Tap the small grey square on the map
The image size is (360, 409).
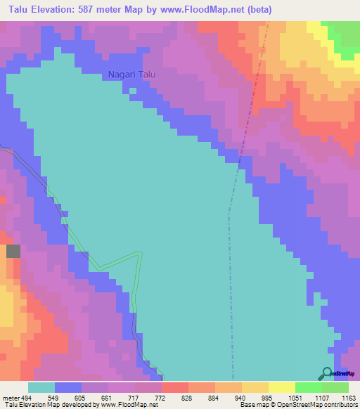coord(13,251)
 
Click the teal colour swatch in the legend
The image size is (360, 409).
coord(41,387)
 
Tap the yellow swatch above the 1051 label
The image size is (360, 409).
coord(281,387)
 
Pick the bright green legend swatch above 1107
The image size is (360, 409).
coord(308,387)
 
